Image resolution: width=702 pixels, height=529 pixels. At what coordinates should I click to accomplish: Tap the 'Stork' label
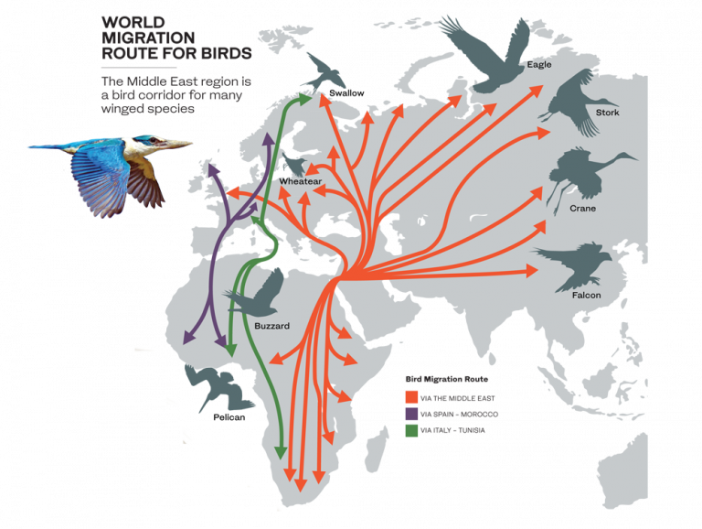607,113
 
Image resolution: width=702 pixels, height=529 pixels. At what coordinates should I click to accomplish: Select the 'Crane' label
582,209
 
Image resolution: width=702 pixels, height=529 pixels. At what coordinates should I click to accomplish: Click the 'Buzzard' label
272,326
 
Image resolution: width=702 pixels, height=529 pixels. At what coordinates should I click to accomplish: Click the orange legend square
411,396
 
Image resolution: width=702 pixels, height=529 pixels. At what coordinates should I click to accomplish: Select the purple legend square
411,414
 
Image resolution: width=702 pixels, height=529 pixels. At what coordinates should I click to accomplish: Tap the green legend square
411,430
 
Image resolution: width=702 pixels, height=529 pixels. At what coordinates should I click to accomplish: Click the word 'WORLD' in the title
128,21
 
